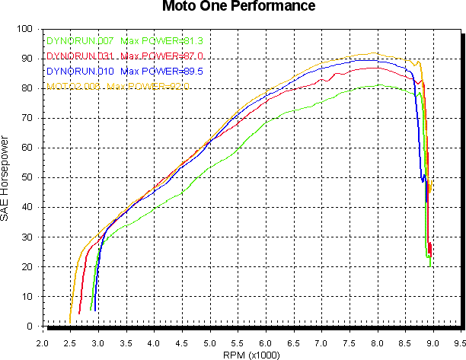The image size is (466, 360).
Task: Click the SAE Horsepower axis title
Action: tap(6, 180)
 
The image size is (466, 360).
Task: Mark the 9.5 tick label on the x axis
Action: tap(460, 343)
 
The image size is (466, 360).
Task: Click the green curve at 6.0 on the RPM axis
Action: tap(266, 121)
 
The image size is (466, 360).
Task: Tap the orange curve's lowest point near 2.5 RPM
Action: tap(70, 323)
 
